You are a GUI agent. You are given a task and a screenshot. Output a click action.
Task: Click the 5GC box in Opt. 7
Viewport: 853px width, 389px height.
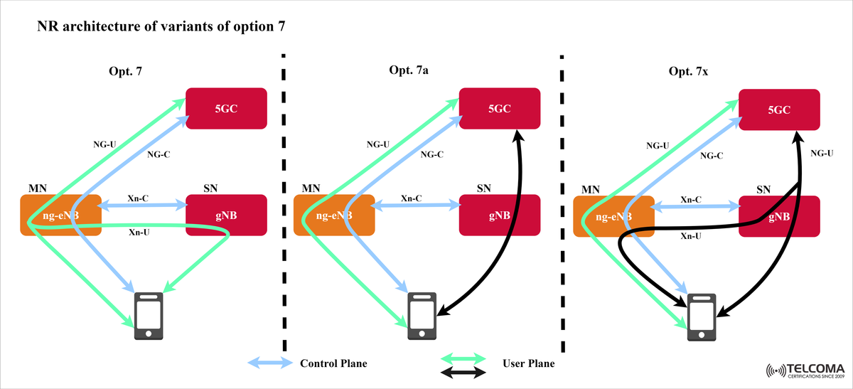226,108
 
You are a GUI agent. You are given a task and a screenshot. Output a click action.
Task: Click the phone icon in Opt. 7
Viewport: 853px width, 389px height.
149,315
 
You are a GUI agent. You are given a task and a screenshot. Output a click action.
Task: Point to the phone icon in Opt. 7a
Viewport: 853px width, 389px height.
422,315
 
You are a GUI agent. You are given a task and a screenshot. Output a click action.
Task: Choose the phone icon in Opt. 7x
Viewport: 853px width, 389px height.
702,315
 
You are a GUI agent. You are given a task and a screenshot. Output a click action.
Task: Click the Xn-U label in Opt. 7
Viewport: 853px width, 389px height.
139,233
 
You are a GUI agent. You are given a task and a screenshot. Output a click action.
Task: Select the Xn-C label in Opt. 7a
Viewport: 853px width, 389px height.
412,198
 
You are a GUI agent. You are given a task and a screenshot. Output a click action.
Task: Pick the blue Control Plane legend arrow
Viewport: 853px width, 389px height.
270,363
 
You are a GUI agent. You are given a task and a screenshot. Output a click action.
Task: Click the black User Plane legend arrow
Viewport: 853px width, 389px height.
464,372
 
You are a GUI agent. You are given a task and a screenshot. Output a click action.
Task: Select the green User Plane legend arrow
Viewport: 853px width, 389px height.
464,357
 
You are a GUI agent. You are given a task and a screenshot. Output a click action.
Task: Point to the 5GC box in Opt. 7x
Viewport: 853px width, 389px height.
779,110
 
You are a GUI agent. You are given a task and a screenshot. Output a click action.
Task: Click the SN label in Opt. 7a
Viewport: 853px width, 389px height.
483,188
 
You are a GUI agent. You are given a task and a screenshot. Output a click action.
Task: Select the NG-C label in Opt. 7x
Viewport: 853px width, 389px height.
712,155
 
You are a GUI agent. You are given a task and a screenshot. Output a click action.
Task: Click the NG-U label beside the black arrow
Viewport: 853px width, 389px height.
822,152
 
